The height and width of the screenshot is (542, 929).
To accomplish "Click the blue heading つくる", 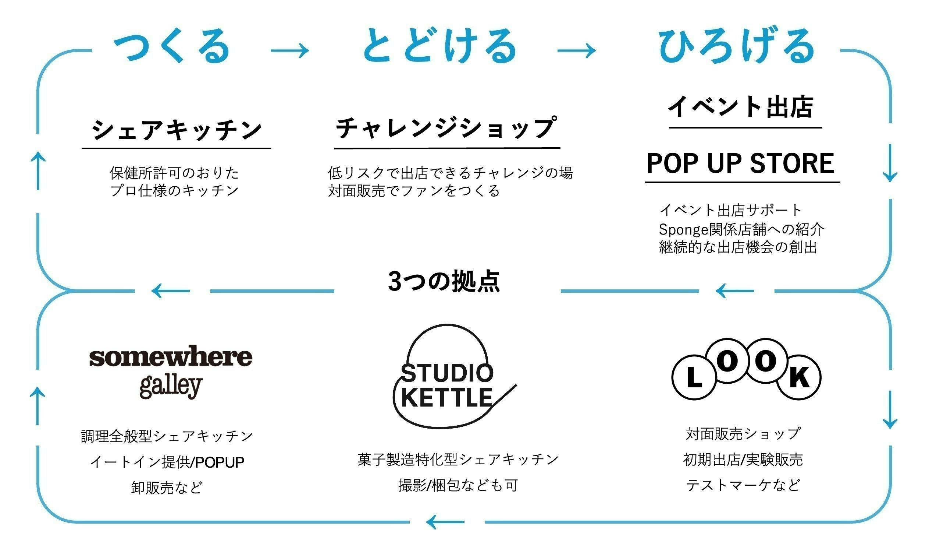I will click(172, 46).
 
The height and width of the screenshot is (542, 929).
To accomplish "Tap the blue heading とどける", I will click(440, 46).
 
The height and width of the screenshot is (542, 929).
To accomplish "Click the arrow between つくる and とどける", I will click(290, 50).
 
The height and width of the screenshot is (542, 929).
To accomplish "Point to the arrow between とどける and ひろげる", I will click(576, 50).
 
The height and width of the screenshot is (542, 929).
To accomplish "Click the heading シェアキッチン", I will click(177, 130).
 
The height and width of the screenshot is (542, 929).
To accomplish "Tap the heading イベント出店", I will click(741, 107).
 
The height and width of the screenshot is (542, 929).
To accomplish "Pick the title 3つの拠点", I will click(444, 281).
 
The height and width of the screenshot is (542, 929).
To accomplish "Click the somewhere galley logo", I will click(171, 371).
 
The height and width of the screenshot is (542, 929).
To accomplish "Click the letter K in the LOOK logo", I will click(799, 378).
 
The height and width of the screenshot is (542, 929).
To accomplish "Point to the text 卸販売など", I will click(167, 488).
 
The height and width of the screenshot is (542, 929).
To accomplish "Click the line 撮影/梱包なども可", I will click(458, 485).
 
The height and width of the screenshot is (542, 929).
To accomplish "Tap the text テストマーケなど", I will click(743, 485).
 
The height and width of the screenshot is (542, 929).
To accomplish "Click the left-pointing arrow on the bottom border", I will click(445, 522).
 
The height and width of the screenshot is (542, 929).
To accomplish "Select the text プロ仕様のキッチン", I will click(174, 191).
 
